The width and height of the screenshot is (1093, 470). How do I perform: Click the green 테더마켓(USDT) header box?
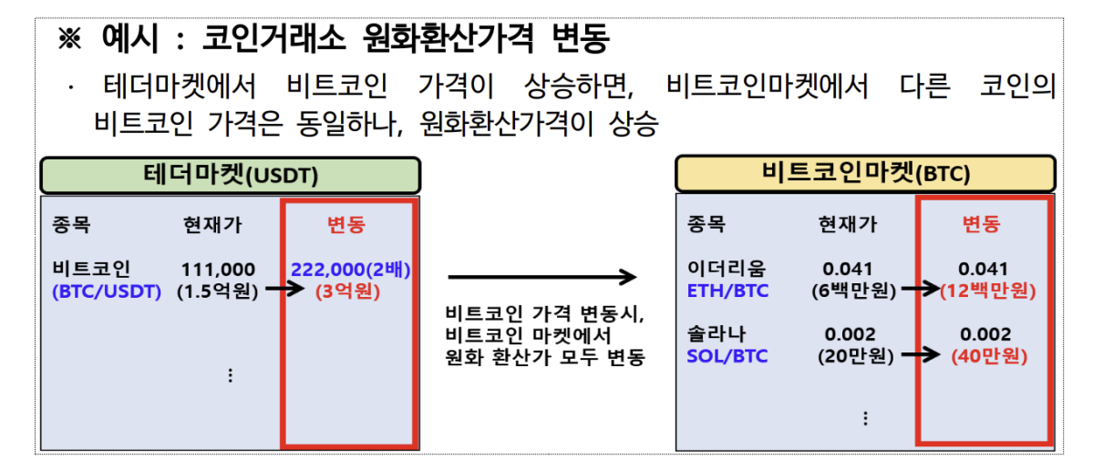230,175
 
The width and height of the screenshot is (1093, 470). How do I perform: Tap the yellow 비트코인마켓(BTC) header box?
864,173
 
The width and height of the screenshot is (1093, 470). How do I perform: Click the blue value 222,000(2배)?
350,270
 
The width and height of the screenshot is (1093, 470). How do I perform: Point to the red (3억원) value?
350,292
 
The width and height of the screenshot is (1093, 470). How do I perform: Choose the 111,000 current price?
219,270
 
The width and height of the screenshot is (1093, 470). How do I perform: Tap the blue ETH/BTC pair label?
727,291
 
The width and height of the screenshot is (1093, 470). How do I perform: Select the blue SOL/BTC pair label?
727,356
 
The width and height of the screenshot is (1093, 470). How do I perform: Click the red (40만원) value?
987,356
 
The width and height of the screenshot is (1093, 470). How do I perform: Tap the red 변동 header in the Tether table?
346,225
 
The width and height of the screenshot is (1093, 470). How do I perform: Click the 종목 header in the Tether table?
72,225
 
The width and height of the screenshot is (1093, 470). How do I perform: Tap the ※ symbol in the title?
70,39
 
